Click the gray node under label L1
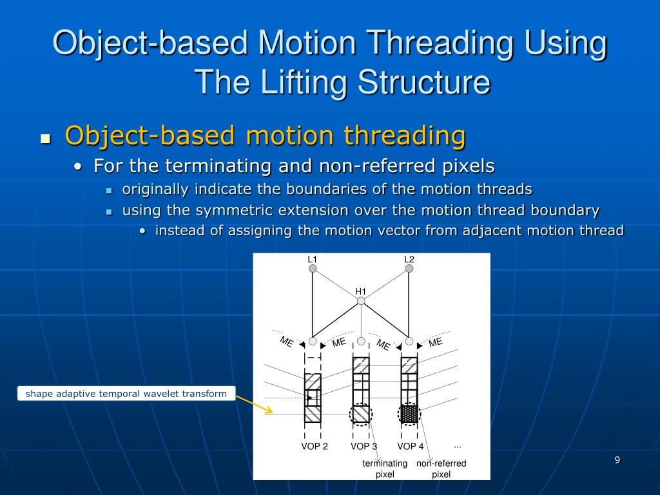pos(313,269)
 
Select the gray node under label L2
pos(409,269)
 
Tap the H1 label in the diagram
pos(361,291)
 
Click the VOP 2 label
pos(315,447)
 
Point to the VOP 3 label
pos(364,447)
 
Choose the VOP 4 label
pos(411,447)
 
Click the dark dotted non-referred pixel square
pos(409,414)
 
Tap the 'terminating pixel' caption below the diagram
pos(385,469)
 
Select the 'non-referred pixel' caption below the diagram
pos(441,469)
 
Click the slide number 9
pos(617,460)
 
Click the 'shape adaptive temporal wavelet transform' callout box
pos(126,393)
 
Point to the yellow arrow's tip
pos(273,411)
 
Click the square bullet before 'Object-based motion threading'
pos(45,139)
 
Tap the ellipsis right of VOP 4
pos(458,445)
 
